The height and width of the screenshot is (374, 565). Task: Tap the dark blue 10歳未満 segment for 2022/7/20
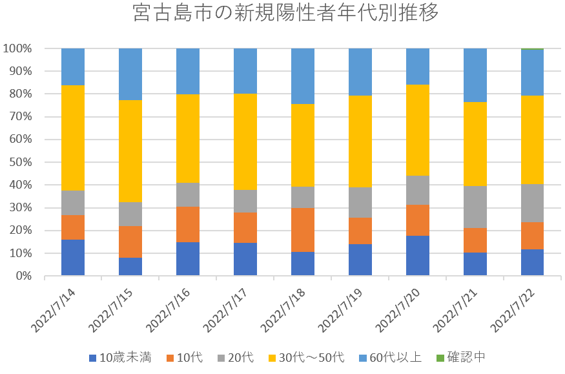tap(418, 256)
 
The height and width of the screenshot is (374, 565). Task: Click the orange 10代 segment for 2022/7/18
tap(303, 229)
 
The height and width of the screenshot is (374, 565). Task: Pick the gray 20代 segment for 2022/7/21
tap(475, 207)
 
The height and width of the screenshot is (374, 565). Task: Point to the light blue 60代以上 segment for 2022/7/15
tap(130, 74)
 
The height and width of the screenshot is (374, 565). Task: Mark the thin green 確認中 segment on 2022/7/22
tap(533, 49)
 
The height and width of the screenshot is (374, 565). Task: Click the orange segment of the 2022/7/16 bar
tap(188, 224)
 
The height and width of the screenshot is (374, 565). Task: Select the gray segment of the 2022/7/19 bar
tap(360, 202)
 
